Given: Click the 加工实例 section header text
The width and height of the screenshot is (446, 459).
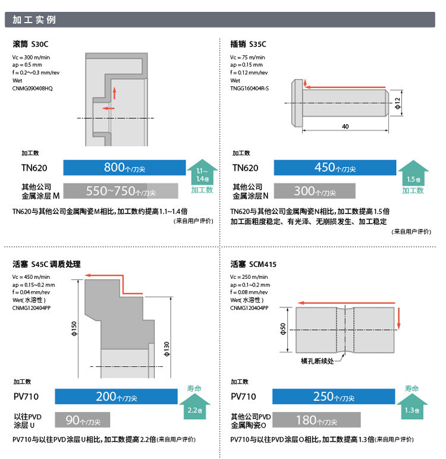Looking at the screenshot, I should click(x=34, y=19).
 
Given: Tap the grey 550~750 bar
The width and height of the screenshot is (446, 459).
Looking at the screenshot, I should click(x=121, y=191).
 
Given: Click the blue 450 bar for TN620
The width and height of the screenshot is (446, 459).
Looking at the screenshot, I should click(x=335, y=168).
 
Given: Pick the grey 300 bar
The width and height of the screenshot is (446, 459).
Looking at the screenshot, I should click(x=315, y=191).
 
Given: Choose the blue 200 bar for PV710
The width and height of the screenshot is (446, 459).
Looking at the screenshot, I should click(x=116, y=397).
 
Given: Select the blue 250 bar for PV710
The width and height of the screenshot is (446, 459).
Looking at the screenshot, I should click(x=333, y=397).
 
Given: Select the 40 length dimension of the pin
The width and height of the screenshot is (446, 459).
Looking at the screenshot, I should click(x=346, y=127).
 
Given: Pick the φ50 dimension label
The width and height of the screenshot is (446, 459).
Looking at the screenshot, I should click(x=284, y=329).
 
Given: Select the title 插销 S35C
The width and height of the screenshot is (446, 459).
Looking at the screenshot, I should click(x=248, y=44).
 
